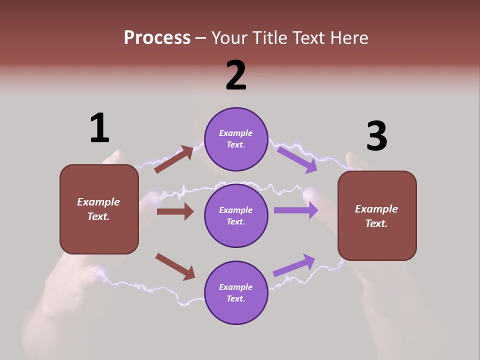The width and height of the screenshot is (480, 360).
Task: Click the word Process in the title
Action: click(x=157, y=37)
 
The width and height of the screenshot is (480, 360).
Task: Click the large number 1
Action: click(x=99, y=128)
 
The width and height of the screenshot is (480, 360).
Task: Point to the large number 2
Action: click(x=236, y=75)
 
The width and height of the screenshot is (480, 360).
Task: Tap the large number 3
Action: click(x=376, y=136)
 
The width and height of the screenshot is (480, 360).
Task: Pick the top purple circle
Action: click(x=236, y=139)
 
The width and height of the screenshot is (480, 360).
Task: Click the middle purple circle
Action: click(x=236, y=215)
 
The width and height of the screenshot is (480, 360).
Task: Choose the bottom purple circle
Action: click(x=236, y=292)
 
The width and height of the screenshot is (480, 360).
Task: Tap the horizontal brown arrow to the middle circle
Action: click(x=175, y=211)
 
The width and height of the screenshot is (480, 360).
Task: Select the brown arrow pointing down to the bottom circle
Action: click(x=175, y=266)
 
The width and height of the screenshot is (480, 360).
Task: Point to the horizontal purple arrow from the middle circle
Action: click(x=296, y=210)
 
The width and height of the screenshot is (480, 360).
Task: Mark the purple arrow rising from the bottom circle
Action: click(x=294, y=265)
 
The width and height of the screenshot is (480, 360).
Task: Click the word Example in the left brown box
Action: click(x=98, y=202)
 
